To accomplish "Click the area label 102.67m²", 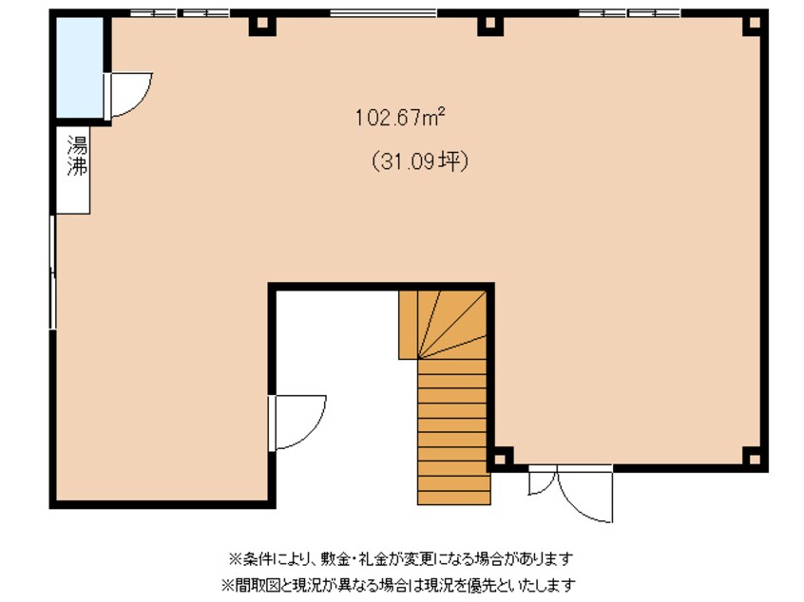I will point(400,117).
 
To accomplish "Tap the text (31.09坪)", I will point(419,162).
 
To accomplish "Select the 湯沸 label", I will point(76,158).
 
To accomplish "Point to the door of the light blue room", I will point(128,94).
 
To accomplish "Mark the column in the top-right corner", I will point(754,24).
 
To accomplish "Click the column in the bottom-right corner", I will point(752,456).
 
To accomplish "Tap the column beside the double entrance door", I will point(502,457).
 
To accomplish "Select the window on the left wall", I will point(53,271).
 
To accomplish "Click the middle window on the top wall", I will point(383,13).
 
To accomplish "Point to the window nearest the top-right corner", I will point(629,13).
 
